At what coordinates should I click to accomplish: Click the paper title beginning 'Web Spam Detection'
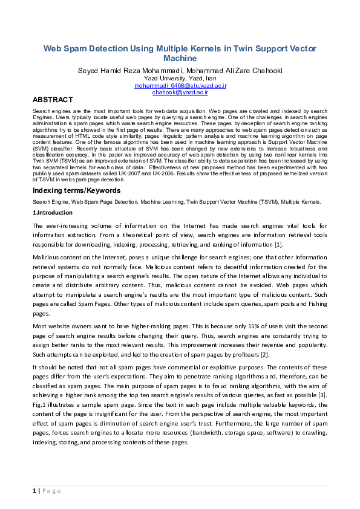click(x=180, y=53)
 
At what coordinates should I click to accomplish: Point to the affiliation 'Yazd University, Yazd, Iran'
click(x=180, y=79)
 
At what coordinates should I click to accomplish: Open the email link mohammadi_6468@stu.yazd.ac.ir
click(x=180, y=86)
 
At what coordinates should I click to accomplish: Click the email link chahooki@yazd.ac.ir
click(x=180, y=92)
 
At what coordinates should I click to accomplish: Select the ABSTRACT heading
click(x=53, y=100)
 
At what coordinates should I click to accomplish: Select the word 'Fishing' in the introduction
click(x=318, y=302)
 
